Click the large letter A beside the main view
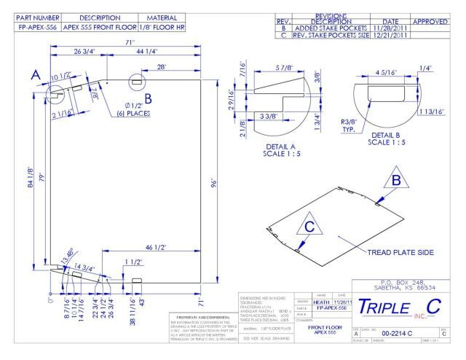pyautogui.click(x=34, y=74)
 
